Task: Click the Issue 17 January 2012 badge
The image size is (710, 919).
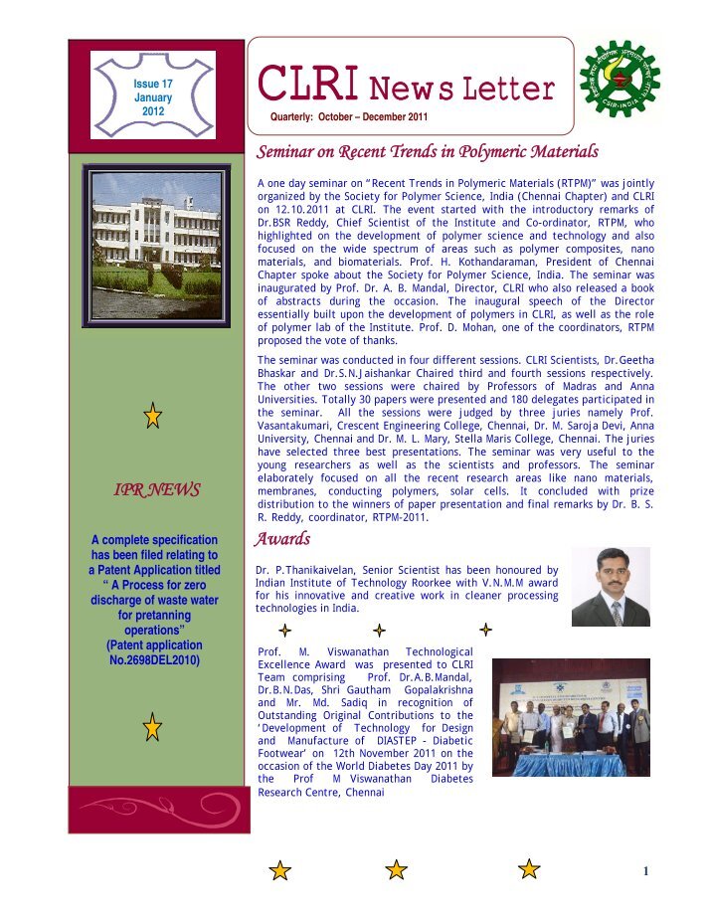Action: click(153, 98)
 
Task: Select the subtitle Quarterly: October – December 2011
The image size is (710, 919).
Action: click(341, 118)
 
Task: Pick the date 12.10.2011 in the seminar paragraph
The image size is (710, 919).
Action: click(294, 212)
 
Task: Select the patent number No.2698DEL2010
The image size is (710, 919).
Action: click(153, 658)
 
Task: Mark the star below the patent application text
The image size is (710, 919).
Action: click(152, 726)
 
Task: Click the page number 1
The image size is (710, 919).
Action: click(645, 872)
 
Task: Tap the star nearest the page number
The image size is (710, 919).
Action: click(530, 869)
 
